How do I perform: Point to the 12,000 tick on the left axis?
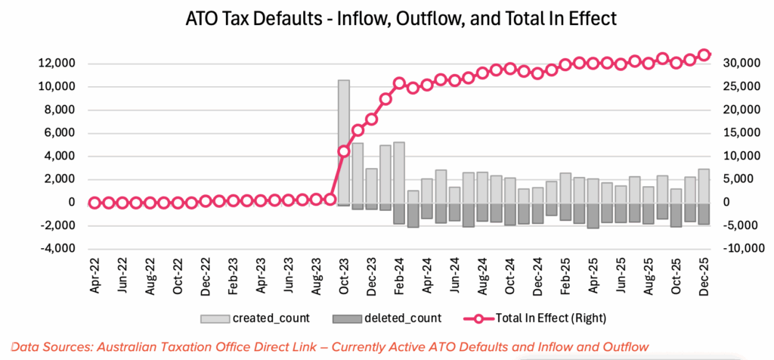56,64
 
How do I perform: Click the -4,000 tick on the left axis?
56,249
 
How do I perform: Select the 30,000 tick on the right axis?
741,64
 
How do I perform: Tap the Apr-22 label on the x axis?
95,279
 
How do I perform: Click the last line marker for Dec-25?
704,55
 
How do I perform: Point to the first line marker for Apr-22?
94,203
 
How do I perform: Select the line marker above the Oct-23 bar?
344,151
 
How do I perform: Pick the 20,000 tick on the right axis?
741,110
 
